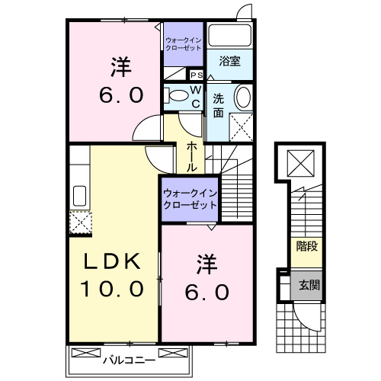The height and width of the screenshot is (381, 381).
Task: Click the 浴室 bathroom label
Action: pos(230,62)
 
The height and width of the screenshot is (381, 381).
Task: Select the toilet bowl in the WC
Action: pos(178,95)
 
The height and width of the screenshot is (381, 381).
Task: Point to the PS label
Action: pos(196,75)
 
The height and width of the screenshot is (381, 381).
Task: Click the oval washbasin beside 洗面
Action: pos(242,98)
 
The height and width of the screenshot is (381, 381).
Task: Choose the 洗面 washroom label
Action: pos(218,104)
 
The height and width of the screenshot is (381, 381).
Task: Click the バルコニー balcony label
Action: pos(130,356)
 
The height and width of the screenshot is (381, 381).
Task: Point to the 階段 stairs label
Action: pos(306,246)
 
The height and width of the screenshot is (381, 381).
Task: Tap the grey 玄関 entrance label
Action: pos(307,286)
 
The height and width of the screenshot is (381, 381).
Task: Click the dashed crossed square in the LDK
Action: pos(80,223)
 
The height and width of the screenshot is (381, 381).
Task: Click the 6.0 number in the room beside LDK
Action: pos(205,291)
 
